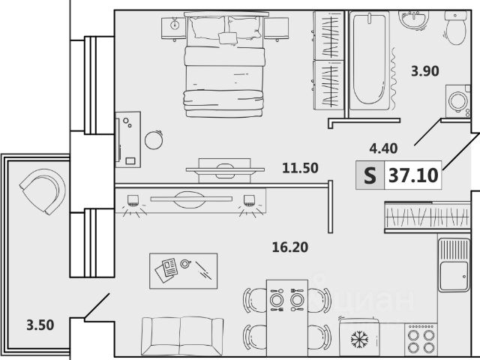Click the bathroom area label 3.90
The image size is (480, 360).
pyautogui.click(x=425, y=71)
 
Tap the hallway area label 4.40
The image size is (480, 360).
pyautogui.click(x=383, y=148)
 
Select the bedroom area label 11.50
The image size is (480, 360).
pyautogui.click(x=300, y=168)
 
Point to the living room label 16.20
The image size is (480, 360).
pyautogui.click(x=290, y=247)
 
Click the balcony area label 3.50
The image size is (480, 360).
pyautogui.click(x=40, y=325)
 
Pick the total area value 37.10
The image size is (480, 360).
pyautogui.click(x=413, y=175)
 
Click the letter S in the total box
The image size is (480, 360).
pyautogui.click(x=370, y=175)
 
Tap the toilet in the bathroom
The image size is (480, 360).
pyautogui.click(x=456, y=28)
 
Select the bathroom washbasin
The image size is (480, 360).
pyautogui.click(x=413, y=20)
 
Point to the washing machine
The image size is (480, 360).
pyautogui.click(x=458, y=101)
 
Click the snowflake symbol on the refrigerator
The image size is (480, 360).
pyautogui.click(x=359, y=340)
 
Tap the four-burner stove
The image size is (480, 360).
pyautogui.click(x=421, y=340)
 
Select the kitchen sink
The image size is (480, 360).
pyautogui.click(x=454, y=265)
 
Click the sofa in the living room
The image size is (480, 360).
pyautogui.click(x=182, y=337)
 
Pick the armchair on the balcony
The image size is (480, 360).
pyautogui.click(x=43, y=190)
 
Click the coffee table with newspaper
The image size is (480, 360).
pyautogui.click(x=183, y=271)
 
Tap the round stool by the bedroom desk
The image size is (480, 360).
pyautogui.click(x=154, y=140)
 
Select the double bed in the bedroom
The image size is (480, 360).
pyautogui.click(x=225, y=65)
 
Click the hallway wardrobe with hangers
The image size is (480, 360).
pyautogui.click(x=427, y=217)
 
